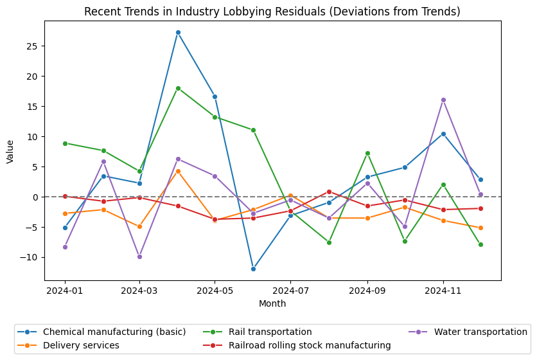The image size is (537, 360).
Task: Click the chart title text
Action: [272, 12]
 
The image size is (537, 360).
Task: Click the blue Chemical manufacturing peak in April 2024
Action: [178, 32]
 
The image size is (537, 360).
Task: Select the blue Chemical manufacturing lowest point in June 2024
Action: [253, 269]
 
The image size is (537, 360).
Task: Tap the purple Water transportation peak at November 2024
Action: [443, 100]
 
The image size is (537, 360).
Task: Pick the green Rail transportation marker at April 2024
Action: [178, 88]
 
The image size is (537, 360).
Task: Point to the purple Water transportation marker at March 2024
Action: [139, 256]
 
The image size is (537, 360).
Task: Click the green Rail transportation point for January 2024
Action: [65, 143]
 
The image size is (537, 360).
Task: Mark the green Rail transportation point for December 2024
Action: [480, 244]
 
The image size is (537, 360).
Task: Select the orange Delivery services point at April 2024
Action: [178, 171]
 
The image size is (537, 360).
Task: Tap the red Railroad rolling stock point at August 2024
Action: [329, 192]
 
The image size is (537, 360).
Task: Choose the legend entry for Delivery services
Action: [81, 345]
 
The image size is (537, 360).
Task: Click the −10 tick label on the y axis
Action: [31, 257]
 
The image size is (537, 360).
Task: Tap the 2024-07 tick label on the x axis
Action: [290, 291]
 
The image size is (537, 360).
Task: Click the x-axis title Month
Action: [272, 303]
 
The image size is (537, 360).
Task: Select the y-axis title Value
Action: [10, 151]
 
